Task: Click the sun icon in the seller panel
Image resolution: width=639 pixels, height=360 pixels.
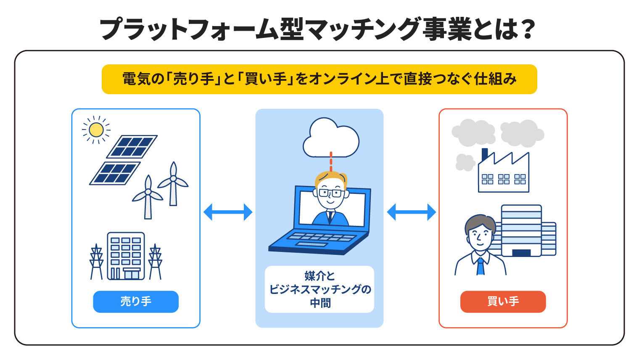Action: coord(96,130)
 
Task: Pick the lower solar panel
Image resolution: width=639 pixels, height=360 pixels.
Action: coord(115,173)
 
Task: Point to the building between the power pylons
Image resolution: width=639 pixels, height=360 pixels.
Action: coord(126,256)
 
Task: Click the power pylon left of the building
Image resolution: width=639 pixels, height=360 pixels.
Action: coord(97,262)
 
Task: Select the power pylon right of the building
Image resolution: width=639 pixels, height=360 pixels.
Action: coord(155,262)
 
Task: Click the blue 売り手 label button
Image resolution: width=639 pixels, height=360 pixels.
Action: coord(136,302)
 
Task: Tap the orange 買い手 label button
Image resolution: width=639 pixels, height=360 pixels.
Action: coord(503,302)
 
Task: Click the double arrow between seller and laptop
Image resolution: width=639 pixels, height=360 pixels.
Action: coord(228,212)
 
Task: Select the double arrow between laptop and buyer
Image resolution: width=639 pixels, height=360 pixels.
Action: coord(411,212)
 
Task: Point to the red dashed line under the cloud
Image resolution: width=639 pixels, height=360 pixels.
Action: coord(331,161)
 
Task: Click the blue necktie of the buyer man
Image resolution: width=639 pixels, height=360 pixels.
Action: coord(481,266)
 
